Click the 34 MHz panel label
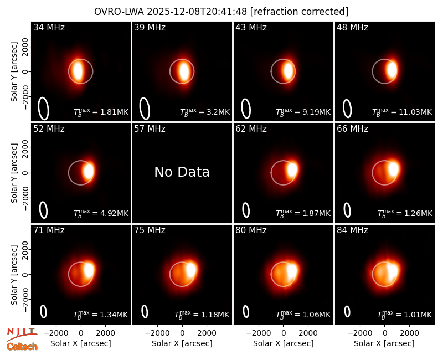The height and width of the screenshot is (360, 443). [x=49, y=27]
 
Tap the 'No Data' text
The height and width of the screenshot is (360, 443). [x=182, y=172]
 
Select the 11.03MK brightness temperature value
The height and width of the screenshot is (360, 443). [x=415, y=112]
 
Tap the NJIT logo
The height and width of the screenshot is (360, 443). [x=22, y=333]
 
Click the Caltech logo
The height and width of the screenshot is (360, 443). [x=22, y=347]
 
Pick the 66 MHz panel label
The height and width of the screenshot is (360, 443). [x=352, y=129]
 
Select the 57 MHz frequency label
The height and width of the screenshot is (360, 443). [x=150, y=129]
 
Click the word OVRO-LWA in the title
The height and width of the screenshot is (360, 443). [x=119, y=12]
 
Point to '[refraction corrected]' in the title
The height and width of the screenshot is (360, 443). [x=299, y=12]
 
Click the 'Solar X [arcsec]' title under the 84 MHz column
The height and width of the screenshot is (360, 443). [x=384, y=343]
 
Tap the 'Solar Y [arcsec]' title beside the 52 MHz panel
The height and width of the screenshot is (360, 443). [x=14, y=173]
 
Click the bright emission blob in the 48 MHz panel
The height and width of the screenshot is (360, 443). [x=392, y=70]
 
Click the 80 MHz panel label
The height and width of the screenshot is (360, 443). [x=251, y=230]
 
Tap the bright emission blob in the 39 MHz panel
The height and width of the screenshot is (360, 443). [x=184, y=71]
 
